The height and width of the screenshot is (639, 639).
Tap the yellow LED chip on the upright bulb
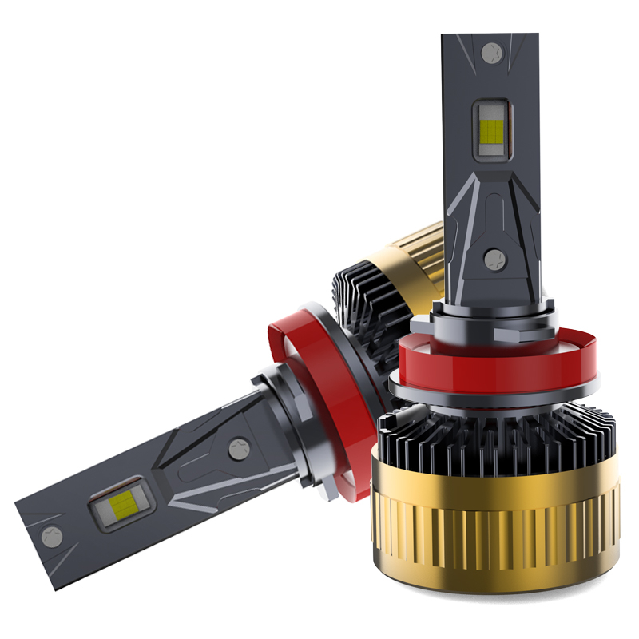(x=490, y=129)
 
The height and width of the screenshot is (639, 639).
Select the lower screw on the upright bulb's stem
(x=495, y=258)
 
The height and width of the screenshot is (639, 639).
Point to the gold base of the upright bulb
(x=495, y=511)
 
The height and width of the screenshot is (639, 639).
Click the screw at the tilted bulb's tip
(x=52, y=537)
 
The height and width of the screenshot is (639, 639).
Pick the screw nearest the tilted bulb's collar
(x=238, y=449)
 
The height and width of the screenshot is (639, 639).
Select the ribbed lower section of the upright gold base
(x=495, y=551)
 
